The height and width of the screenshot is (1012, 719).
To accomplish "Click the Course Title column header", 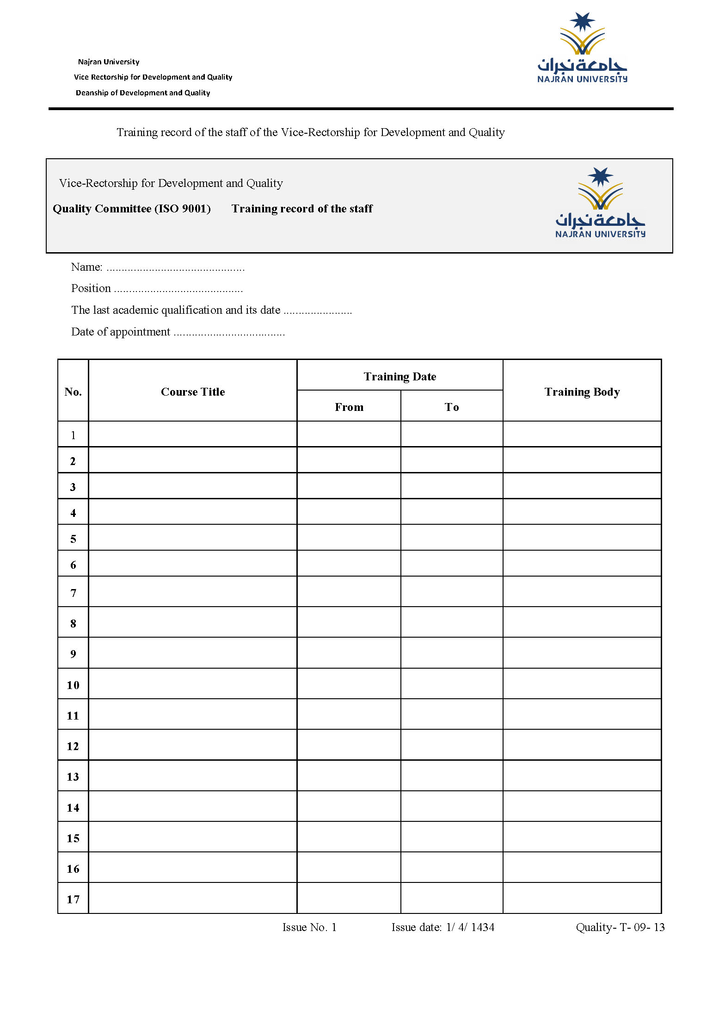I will coord(193,392).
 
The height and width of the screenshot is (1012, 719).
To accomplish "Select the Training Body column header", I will coord(582,392).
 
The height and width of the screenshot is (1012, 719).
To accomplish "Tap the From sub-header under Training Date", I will coord(349,407).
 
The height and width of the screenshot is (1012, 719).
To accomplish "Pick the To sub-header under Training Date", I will coord(452,407).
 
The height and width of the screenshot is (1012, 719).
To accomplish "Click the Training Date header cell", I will coord(400,377).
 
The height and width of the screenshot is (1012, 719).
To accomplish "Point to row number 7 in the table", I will coord(73,593).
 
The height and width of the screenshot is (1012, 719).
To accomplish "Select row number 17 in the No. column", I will coord(73,900).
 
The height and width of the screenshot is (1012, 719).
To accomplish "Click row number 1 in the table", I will coord(73,435).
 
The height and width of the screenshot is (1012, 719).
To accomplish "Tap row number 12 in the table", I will coord(73,746).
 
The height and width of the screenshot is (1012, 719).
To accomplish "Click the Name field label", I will coord(86,267).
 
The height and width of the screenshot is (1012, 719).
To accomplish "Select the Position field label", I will coord(91,288).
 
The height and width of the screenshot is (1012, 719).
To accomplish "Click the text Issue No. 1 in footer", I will coord(309,927).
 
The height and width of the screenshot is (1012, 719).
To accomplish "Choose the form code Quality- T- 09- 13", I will coord(620,927).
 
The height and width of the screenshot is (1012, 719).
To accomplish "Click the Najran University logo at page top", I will coord(582,48).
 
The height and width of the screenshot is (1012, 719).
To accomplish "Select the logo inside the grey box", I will coord(600,203).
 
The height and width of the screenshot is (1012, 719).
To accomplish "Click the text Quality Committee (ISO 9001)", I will coord(132,209).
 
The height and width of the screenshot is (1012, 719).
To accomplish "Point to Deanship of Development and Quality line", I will coord(143,93).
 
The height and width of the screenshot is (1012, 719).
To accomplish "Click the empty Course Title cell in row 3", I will coord(193,486).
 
